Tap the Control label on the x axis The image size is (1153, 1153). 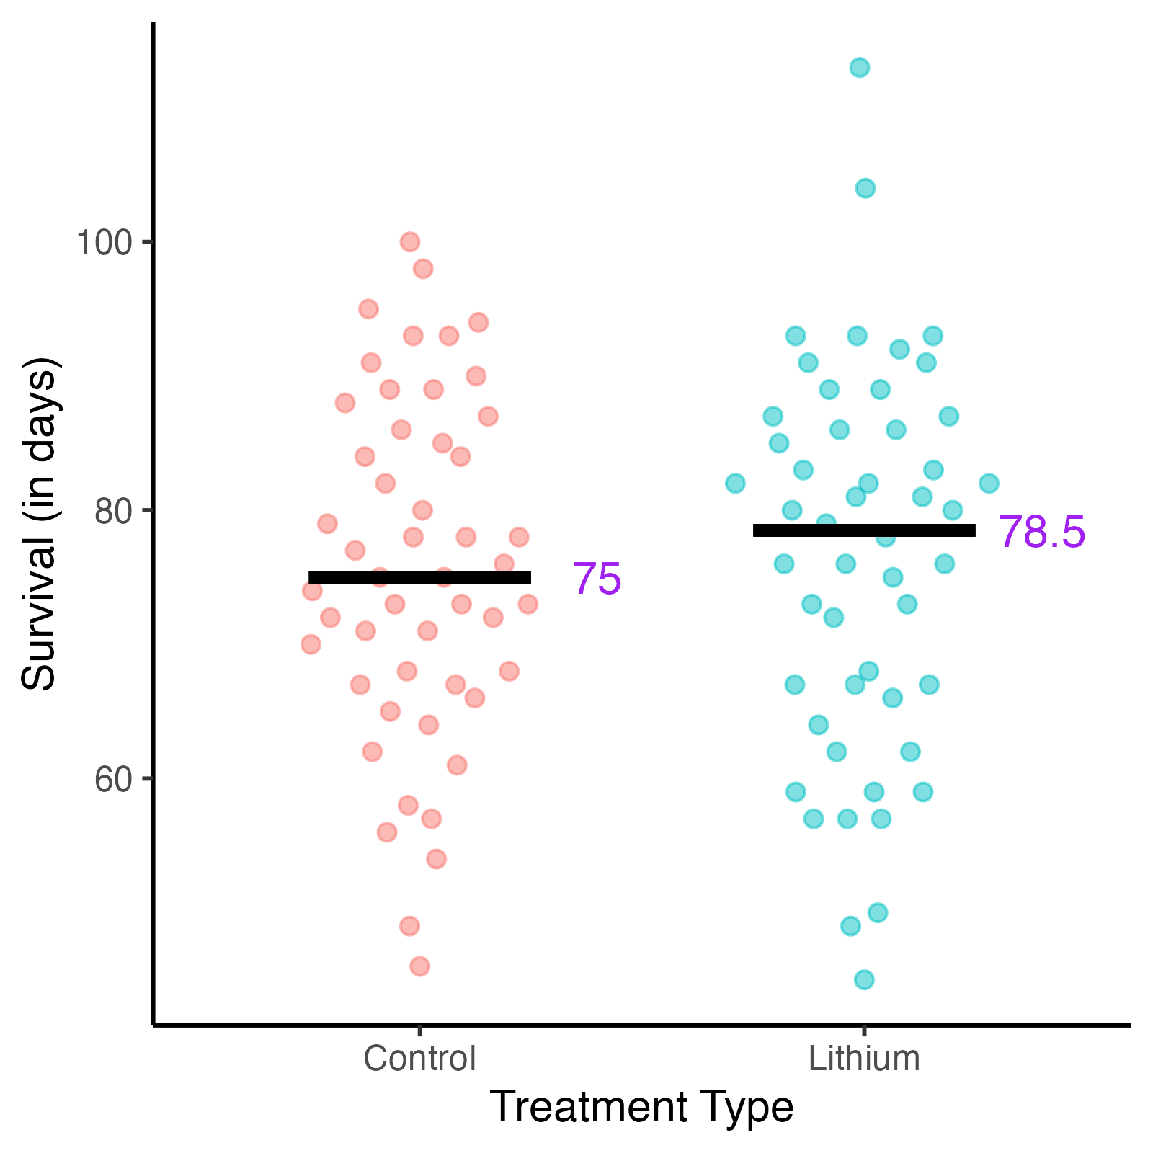pyautogui.click(x=419, y=1059)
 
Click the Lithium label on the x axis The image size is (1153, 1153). pyautogui.click(x=864, y=1059)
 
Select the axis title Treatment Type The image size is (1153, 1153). pyautogui.click(x=641, y=1108)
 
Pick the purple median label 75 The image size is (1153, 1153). pyautogui.click(x=597, y=579)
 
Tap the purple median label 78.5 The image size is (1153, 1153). pyautogui.click(x=1041, y=533)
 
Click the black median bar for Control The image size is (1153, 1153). pyautogui.click(x=419, y=577)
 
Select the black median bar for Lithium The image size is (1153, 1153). pyautogui.click(x=864, y=530)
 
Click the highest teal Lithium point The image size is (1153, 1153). pyautogui.click(x=859, y=68)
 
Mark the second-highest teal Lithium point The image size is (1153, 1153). pyautogui.click(x=865, y=188)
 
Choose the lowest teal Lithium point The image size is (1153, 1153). pyautogui.click(x=864, y=979)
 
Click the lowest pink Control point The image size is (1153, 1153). pyautogui.click(x=419, y=966)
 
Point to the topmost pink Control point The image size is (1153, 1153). pyautogui.click(x=410, y=241)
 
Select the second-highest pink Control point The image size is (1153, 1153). pyautogui.click(x=423, y=269)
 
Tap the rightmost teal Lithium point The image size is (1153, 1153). pyautogui.click(x=989, y=483)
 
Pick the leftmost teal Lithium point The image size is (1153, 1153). pyautogui.click(x=735, y=483)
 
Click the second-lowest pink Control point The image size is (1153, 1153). pyautogui.click(x=409, y=926)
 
